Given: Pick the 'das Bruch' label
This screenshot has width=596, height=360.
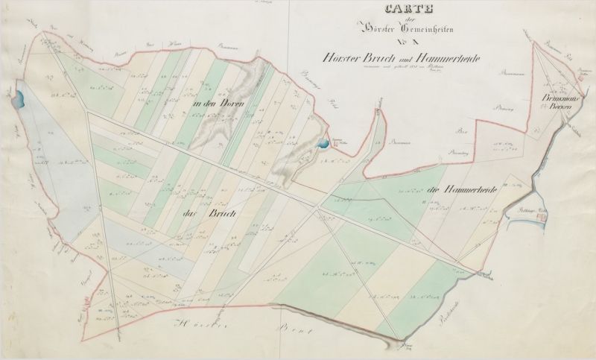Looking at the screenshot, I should tap(200, 214).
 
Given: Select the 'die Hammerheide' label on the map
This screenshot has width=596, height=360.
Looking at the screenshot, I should tap(463, 189).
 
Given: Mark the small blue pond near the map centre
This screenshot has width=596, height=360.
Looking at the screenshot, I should tap(323, 144).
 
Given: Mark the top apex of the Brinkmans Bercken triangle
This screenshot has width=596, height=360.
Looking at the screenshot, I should tap(538, 42).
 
